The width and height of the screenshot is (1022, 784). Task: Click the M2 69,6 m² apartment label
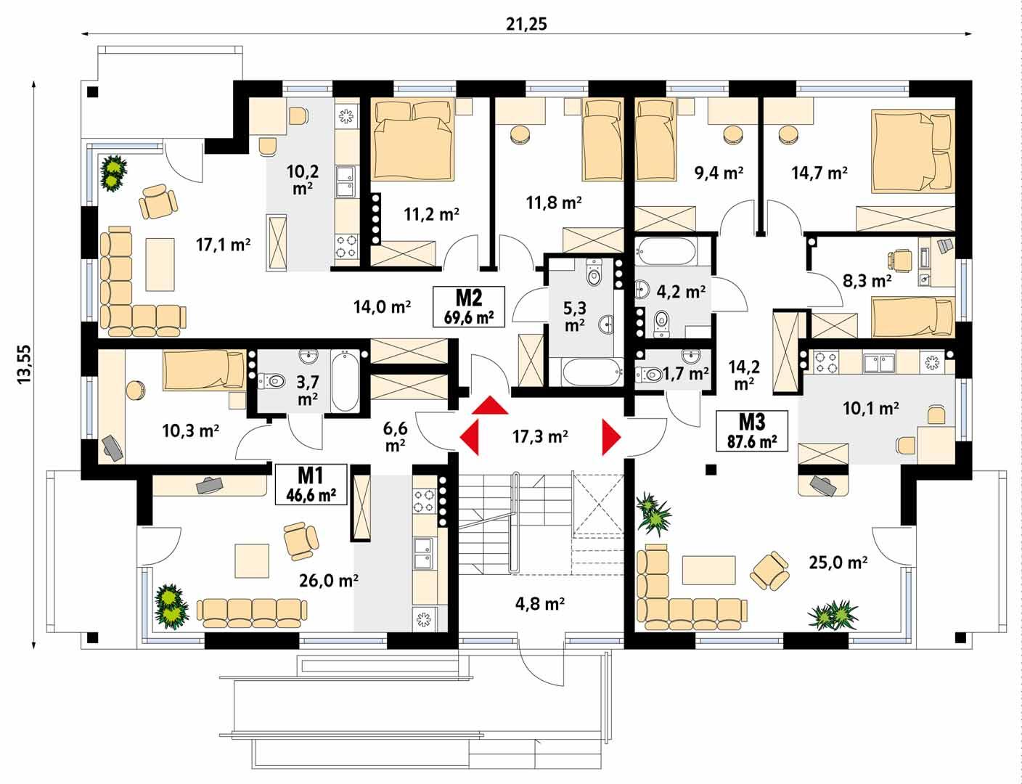[x=468, y=307]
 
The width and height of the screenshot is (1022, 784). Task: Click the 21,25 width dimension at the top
[x=526, y=23]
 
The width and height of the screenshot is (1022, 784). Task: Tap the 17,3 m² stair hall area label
[x=539, y=437]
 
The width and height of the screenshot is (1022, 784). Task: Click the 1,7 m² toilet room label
[x=686, y=375]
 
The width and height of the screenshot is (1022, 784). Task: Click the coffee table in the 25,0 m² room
[x=706, y=568]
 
